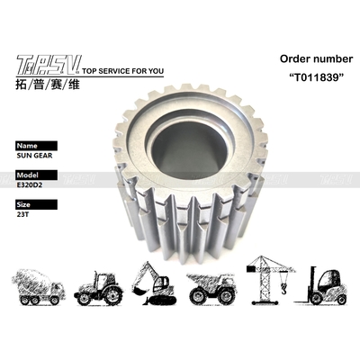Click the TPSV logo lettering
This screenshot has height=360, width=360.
tap(48, 63)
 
